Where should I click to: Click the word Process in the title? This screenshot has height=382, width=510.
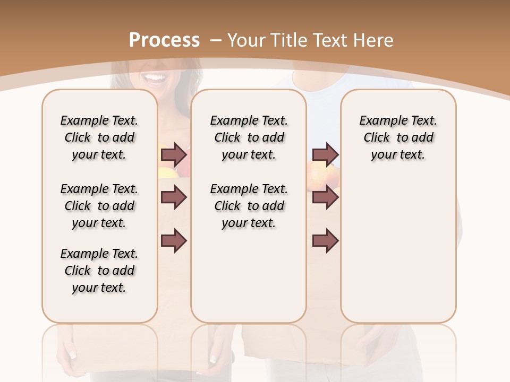click(164, 40)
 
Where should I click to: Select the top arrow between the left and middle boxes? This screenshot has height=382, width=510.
click(174, 155)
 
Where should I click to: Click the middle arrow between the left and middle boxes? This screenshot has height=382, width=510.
click(174, 198)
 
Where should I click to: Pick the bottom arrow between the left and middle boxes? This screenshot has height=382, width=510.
click(174, 240)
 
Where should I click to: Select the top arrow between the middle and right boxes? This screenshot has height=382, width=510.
click(325, 155)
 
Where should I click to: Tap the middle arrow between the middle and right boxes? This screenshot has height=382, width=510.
click(325, 198)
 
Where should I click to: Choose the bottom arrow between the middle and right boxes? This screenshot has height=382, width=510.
click(325, 240)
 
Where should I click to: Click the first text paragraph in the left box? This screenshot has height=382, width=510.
click(99, 137)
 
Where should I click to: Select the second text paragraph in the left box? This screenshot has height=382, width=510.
click(99, 206)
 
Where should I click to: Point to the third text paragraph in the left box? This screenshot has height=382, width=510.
click(99, 271)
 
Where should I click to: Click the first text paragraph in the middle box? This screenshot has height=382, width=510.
click(249, 137)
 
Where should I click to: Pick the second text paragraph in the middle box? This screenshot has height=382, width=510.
click(249, 206)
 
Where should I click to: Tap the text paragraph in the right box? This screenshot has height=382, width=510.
click(398, 137)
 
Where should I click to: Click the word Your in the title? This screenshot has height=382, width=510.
click(247, 40)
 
